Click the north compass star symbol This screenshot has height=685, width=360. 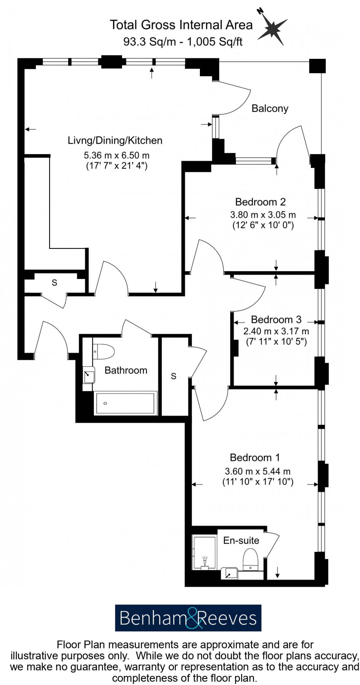(273, 28)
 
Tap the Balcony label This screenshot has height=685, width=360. (270, 108)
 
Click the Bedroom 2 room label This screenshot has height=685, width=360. (260, 202)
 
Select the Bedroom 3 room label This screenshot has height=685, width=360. (276, 319)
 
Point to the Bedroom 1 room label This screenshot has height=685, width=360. (255, 457)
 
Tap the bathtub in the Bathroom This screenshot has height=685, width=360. (125, 403)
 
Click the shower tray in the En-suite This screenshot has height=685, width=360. (204, 553)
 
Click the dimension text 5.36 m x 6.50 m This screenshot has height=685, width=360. (116, 156)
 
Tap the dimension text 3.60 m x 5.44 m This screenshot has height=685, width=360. (257, 471)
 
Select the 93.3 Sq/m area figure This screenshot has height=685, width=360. (149, 41)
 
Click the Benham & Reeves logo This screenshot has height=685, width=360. (188, 618)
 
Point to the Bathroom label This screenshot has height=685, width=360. (126, 370)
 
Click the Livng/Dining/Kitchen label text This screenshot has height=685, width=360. (115, 140)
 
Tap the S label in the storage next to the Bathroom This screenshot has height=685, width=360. (173, 376)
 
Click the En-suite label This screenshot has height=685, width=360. (241, 541)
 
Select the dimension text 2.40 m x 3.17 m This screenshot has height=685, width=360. (276, 331)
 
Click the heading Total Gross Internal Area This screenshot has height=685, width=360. (181, 25)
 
